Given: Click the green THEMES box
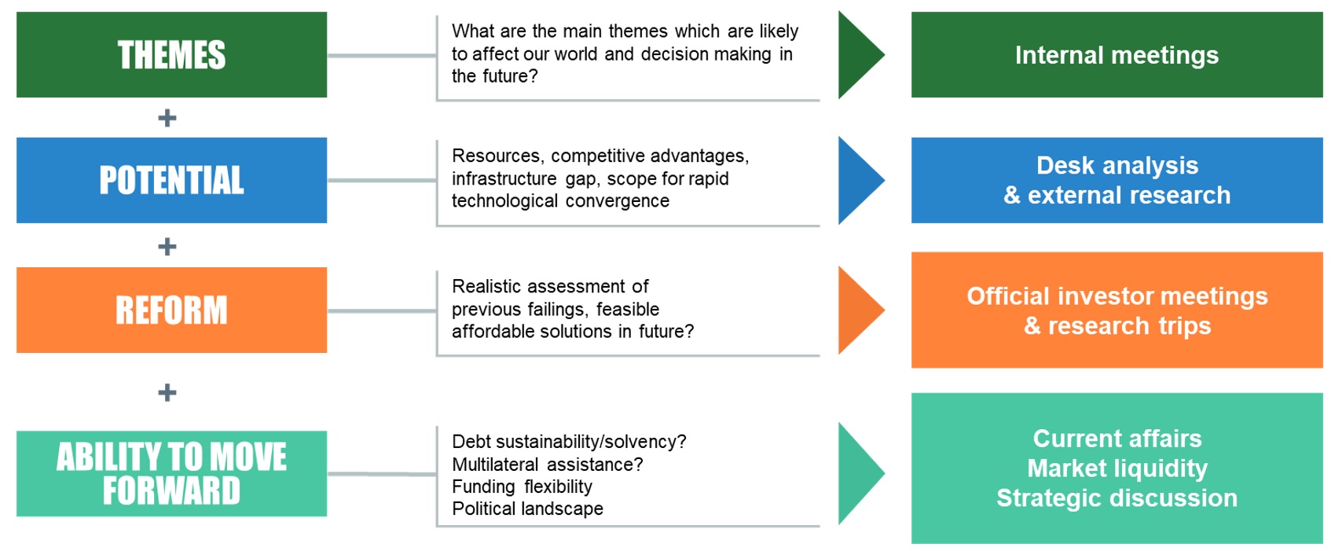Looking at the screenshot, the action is click(171, 54).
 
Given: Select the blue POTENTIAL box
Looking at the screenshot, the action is click(171, 180).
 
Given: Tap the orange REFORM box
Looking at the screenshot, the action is click(171, 310).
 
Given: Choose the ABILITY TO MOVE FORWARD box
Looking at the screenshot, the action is click(171, 473).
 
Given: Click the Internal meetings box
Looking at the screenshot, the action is click(1117, 54).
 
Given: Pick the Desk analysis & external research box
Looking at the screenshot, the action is click(1117, 180).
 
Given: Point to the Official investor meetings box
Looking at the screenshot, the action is click(1117, 310).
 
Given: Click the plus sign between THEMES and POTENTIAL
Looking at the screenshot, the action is click(167, 118).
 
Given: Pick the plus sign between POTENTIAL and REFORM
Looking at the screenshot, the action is click(167, 246).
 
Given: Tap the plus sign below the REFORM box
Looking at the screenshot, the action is click(167, 392).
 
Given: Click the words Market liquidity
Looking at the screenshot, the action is click(1117, 468).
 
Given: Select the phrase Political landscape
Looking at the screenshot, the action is click(527, 509).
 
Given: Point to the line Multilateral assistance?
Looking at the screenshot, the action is click(548, 464).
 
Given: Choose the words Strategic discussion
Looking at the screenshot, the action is click(1117, 498).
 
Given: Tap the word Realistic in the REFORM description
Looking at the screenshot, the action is click(487, 286).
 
